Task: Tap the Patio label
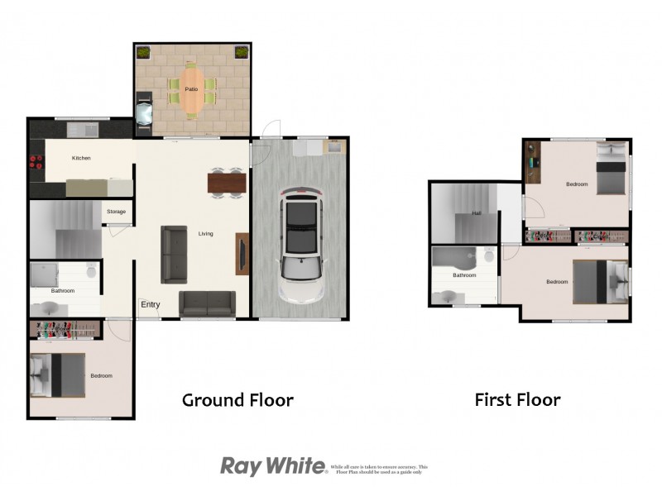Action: point(191,88)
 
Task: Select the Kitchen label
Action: point(81,158)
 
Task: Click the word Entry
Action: point(150,305)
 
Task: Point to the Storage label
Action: point(116,212)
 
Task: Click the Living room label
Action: point(205,234)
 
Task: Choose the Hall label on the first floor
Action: point(477,213)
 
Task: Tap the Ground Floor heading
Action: point(237,400)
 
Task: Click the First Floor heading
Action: point(517,400)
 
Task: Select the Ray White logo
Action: point(273,466)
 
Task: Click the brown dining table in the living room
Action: point(227,182)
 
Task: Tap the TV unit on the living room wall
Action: point(242,253)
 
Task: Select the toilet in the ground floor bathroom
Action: point(92,270)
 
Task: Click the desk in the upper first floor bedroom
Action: point(532,162)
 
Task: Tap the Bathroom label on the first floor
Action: point(464,275)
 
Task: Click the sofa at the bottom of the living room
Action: point(208,303)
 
